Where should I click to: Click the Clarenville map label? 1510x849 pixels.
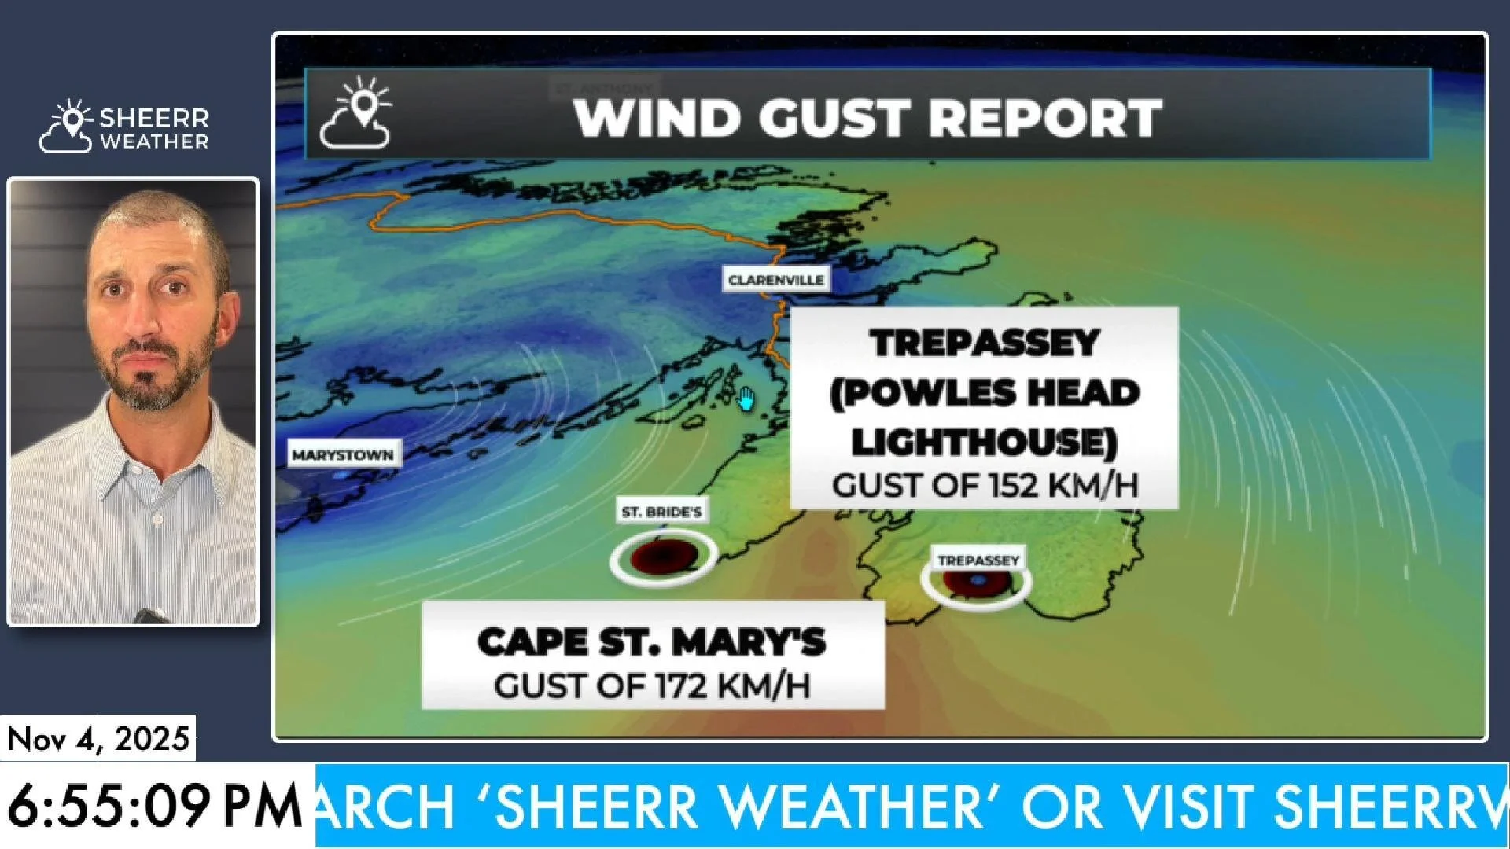pyautogui.click(x=775, y=280)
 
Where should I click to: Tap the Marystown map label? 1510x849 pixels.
pyautogui.click(x=343, y=455)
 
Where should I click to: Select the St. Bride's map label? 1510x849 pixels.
pyautogui.click(x=661, y=513)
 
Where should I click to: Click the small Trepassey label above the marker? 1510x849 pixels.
pyautogui.click(x=978, y=560)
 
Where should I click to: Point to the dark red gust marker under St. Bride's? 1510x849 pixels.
pyautogui.click(x=664, y=557)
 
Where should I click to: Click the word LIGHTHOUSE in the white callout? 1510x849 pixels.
pyautogui.click(x=984, y=442)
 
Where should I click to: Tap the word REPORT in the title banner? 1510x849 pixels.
pyautogui.click(x=1046, y=119)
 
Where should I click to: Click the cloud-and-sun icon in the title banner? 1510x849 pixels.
pyautogui.click(x=356, y=115)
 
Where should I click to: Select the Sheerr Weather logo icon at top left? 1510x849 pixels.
pyautogui.click(x=67, y=127)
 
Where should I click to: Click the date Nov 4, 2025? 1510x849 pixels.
pyautogui.click(x=98, y=739)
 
